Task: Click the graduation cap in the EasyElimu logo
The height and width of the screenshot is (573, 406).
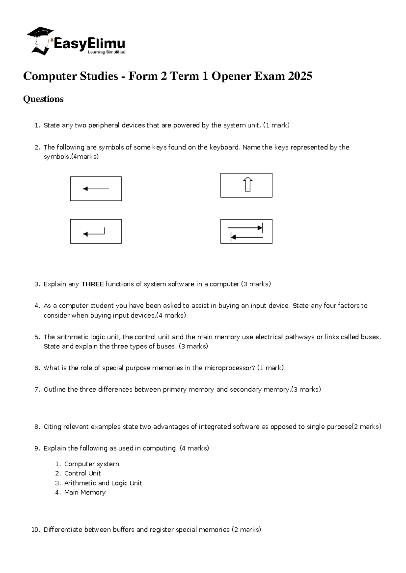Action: click(x=40, y=33)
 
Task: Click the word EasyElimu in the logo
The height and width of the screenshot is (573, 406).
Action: click(x=89, y=44)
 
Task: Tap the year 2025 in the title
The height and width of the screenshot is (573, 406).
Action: click(x=300, y=76)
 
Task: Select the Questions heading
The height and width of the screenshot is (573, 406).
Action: click(x=43, y=99)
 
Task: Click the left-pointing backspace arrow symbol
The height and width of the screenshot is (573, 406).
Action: click(x=96, y=189)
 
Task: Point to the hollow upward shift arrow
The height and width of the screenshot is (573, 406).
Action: click(x=248, y=184)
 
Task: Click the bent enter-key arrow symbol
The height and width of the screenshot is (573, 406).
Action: click(x=94, y=232)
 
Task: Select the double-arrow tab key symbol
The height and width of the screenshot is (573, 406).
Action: click(x=246, y=232)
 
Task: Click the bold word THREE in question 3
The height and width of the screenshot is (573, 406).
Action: click(x=92, y=284)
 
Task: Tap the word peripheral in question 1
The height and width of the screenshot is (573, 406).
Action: click(x=104, y=125)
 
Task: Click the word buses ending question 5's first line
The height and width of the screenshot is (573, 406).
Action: click(x=370, y=337)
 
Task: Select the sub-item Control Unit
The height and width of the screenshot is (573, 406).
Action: click(x=82, y=473)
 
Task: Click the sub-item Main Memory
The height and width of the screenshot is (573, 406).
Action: click(x=85, y=493)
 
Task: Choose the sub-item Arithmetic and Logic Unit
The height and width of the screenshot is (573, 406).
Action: click(x=103, y=483)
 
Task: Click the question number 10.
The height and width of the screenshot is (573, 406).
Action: click(x=35, y=530)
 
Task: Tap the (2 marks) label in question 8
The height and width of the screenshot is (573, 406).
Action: click(x=367, y=427)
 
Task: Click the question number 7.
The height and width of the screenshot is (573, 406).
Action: click(x=37, y=390)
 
